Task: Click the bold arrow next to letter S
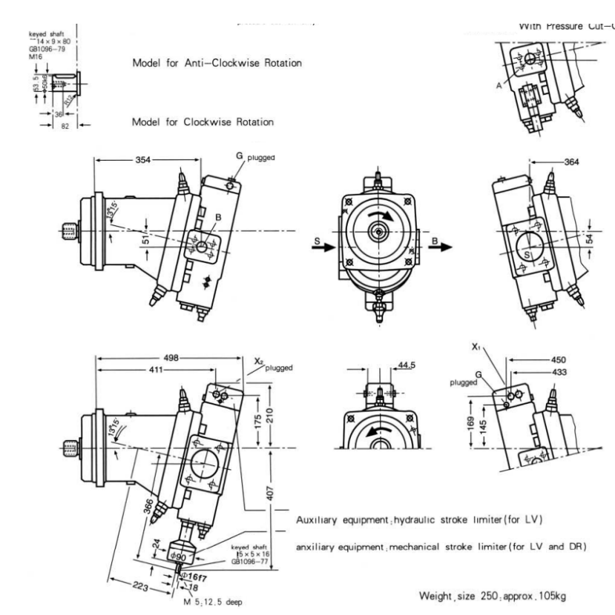point(326,249)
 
